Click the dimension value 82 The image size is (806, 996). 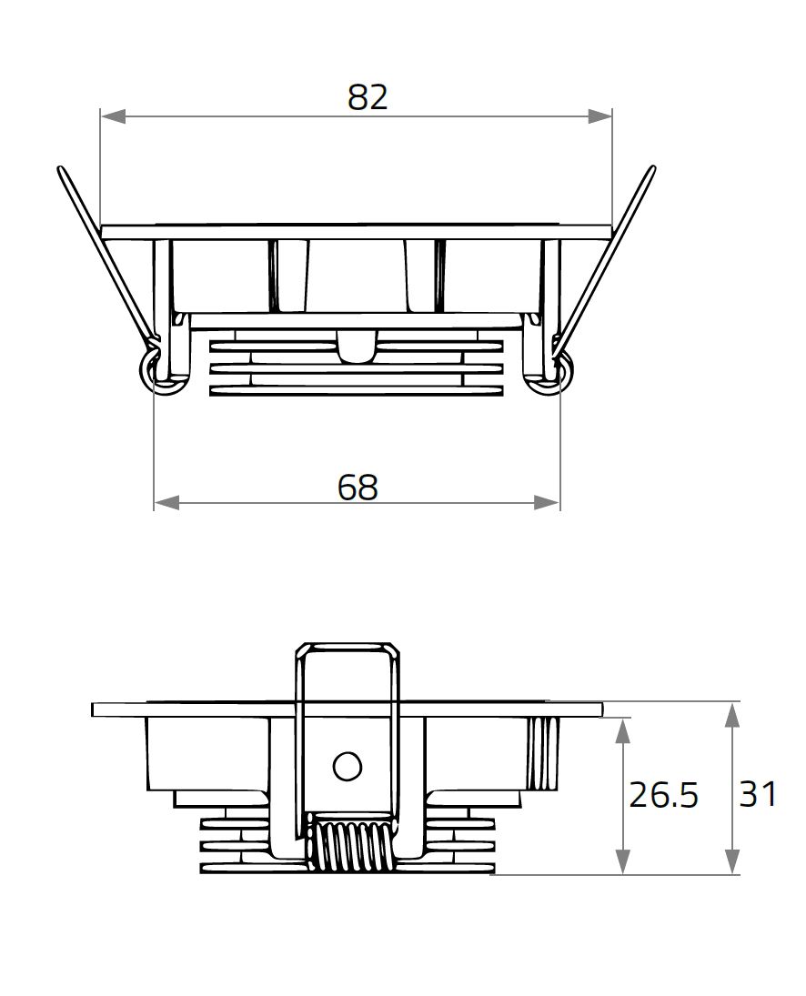(x=368, y=97)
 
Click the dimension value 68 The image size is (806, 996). (x=358, y=488)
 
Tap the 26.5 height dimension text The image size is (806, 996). (x=663, y=795)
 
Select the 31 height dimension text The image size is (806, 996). (x=758, y=794)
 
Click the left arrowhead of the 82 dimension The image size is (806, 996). (x=112, y=116)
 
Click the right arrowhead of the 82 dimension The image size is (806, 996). (x=600, y=116)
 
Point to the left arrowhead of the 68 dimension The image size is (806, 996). (x=166, y=502)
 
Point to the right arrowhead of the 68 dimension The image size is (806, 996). (x=548, y=502)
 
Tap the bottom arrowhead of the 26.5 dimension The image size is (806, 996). (x=622, y=863)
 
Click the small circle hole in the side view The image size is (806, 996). (x=347, y=767)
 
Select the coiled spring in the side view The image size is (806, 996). (x=349, y=846)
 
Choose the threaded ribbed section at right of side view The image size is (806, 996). (x=544, y=753)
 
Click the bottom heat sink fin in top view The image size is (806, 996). (x=356, y=390)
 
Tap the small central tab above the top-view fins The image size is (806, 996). (x=356, y=347)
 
